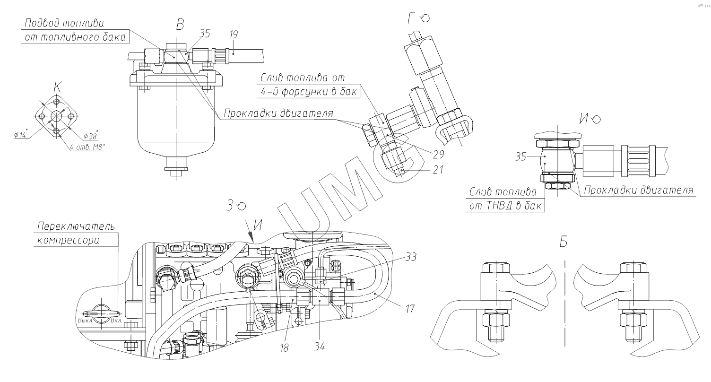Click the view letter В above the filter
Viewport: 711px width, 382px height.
[180, 25]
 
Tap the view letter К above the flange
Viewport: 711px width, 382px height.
[57, 87]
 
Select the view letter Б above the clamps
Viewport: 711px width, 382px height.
[563, 242]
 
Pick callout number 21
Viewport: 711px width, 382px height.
[438, 169]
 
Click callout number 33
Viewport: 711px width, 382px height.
[410, 257]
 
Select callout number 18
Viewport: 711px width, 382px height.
[284, 347]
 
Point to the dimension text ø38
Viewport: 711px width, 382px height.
[90, 136]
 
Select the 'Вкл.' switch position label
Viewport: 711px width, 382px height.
[116, 321]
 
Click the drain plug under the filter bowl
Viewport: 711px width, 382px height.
[176, 172]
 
